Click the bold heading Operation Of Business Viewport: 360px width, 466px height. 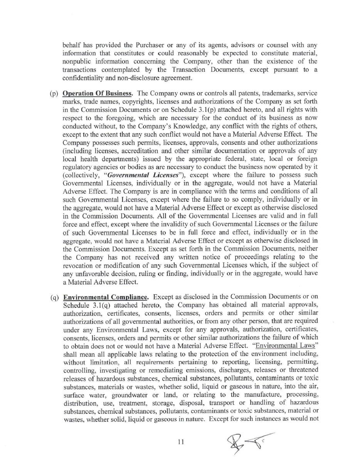tap(98, 93)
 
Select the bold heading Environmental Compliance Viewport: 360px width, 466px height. tap(106, 297)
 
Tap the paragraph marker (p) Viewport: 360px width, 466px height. tap(54, 93)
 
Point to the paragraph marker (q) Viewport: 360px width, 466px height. tap(54, 297)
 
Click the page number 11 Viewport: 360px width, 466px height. tap(181, 442)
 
